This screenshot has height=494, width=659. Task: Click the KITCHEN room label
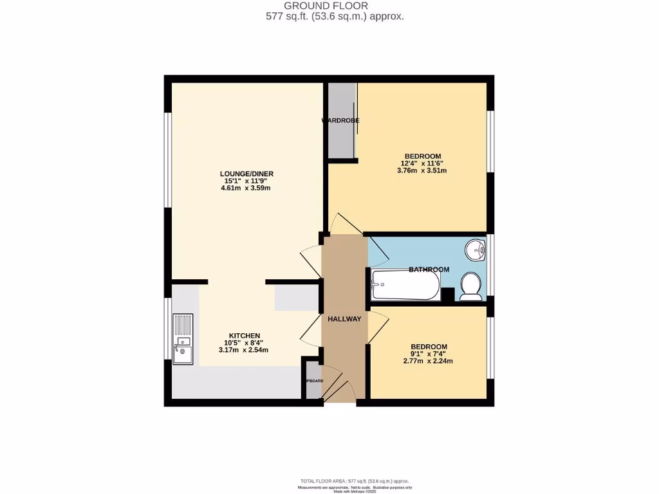tap(245, 336)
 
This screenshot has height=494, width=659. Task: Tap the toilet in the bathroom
tap(472, 286)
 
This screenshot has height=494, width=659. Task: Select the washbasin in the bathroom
tap(477, 249)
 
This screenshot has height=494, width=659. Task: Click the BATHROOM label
tap(429, 270)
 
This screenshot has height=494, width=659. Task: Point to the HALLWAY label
tap(344, 319)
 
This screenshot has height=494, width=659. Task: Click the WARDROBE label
tap(340, 120)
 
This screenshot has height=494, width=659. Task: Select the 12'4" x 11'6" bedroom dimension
tap(422, 163)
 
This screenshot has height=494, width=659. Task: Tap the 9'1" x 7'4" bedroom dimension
tap(429, 354)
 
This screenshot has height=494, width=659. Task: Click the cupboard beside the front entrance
tap(313, 380)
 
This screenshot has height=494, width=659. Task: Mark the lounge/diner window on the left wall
tap(167, 160)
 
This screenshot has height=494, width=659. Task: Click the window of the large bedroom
tap(490, 142)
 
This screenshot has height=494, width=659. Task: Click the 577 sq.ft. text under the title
tap(335, 17)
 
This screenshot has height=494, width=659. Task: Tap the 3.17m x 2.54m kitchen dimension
tap(243, 351)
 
